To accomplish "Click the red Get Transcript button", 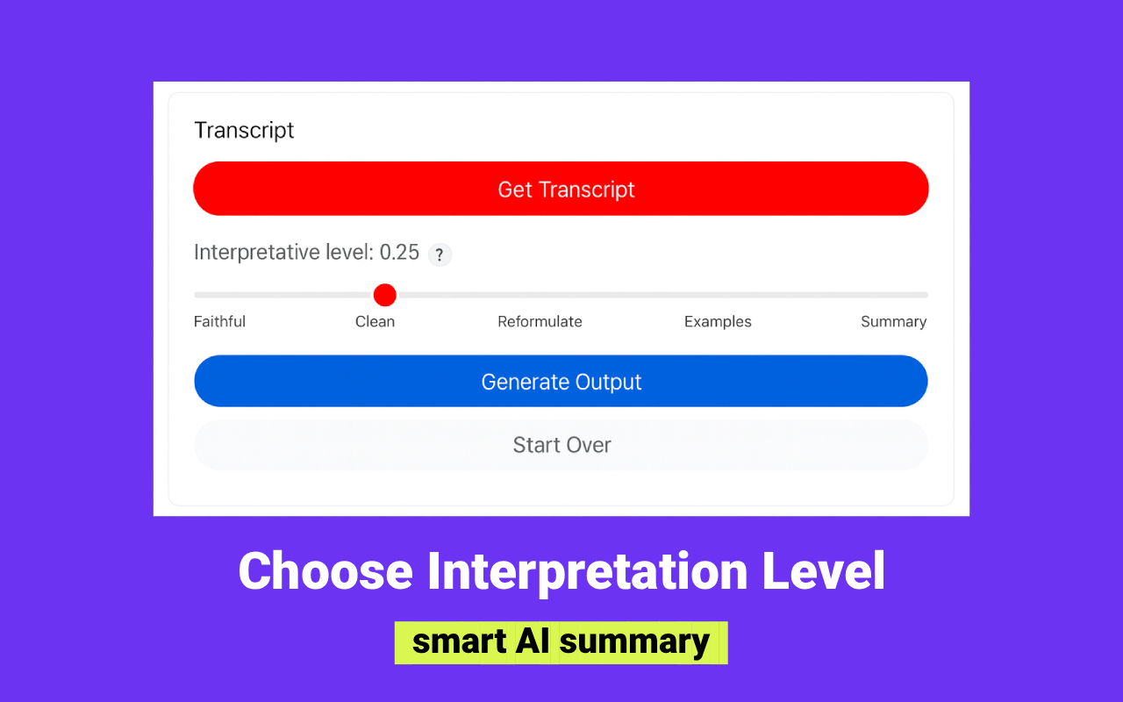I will tap(561, 189).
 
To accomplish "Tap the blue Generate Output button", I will tap(561, 382).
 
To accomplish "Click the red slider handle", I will tap(384, 295).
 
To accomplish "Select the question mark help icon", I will tap(440, 255).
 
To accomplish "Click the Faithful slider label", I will tap(219, 322).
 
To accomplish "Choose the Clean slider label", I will tap(375, 322).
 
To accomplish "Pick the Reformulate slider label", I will tap(540, 322).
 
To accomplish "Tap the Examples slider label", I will tap(718, 322).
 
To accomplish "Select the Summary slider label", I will tap(893, 322).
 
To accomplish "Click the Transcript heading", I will tap(244, 131).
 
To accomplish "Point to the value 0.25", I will tap(399, 253).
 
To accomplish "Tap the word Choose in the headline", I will tap(325, 571).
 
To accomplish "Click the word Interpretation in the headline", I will tap(587, 571).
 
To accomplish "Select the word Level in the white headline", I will tap(823, 571).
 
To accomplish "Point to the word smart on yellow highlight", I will tap(459, 642).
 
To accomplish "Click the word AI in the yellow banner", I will tap(532, 642).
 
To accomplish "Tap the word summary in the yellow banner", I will tap(634, 642).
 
